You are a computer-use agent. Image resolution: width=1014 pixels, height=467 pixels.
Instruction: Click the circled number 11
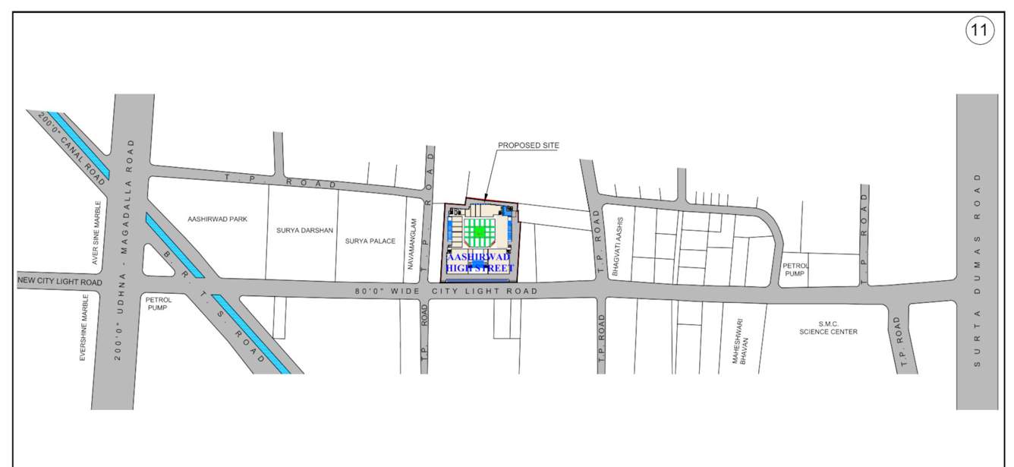point(979,32)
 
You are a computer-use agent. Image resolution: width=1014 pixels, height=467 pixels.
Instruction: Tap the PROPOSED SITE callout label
point(527,145)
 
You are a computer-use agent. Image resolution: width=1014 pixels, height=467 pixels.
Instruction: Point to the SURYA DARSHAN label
point(304,229)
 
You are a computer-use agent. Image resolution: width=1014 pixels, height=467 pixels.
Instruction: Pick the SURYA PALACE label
point(370,241)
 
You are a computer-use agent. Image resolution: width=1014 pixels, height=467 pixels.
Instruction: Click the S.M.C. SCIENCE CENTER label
point(827,327)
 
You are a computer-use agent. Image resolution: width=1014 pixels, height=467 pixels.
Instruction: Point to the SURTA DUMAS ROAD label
point(978,270)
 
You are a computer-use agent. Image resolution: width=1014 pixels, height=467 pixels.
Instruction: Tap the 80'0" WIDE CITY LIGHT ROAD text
point(447,291)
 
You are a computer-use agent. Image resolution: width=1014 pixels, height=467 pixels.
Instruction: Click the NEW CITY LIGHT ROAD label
point(60,282)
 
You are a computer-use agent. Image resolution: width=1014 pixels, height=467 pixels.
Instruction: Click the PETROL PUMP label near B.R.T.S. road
point(159,304)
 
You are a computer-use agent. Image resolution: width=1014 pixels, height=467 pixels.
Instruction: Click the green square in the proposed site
point(480,230)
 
